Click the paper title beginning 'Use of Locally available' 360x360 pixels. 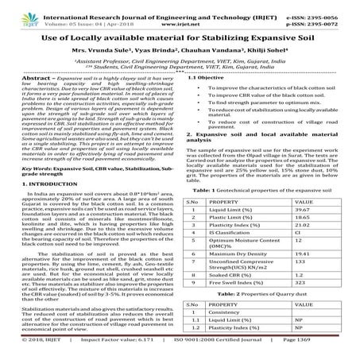click(x=180, y=37)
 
